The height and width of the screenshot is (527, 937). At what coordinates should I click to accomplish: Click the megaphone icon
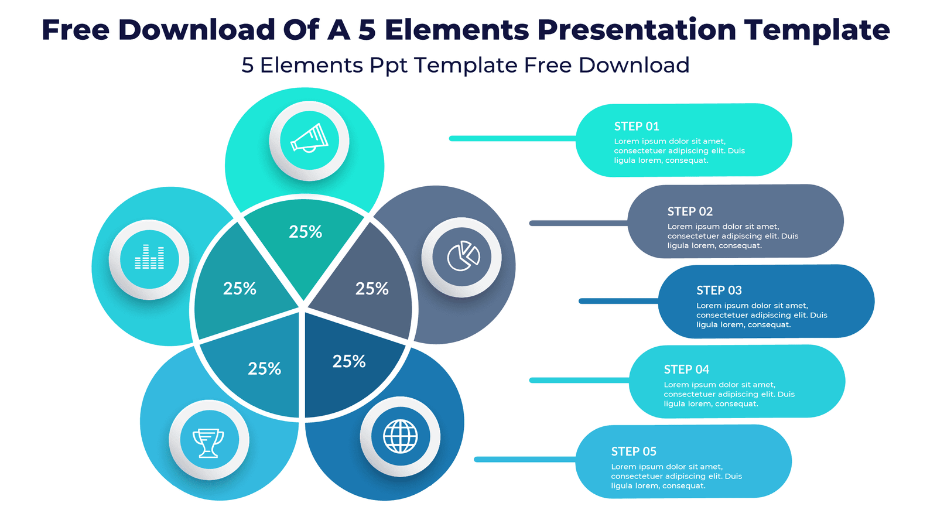[x=309, y=141]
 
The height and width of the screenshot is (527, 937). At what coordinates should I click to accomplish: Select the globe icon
[x=400, y=436]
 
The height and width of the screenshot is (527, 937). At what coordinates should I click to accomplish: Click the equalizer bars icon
[x=149, y=258]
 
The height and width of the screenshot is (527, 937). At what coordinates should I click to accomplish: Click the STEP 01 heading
[x=637, y=126]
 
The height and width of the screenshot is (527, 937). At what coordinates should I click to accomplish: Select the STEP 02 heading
[x=690, y=211]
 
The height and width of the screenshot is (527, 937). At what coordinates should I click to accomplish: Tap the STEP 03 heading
[x=719, y=290]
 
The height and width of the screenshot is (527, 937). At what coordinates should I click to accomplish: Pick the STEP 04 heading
[x=686, y=369]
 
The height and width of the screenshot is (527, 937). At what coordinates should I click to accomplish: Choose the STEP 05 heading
[x=634, y=451]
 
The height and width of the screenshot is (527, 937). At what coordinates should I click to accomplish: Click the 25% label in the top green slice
[x=305, y=232]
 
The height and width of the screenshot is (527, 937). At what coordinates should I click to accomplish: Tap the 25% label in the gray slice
[x=372, y=289]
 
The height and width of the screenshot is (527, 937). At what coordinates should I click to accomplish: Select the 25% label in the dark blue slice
[x=349, y=361]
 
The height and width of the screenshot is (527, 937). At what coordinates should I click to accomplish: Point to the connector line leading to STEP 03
[x=618, y=301]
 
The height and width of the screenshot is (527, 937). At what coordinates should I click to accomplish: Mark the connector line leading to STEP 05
[x=525, y=460]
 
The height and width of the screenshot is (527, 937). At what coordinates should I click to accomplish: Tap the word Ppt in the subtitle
[x=388, y=66]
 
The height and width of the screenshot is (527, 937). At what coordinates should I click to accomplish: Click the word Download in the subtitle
[x=634, y=66]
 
